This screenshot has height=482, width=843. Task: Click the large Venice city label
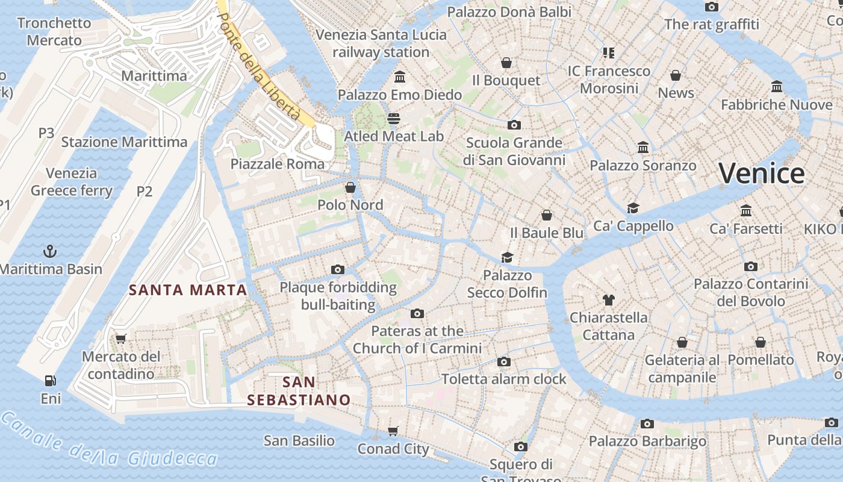pyautogui.click(x=761, y=174)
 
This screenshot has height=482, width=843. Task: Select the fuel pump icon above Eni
pyautogui.click(x=51, y=380)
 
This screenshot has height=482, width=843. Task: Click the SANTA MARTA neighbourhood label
pyautogui.click(x=188, y=290)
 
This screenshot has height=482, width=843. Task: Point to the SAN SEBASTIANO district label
pyautogui.click(x=299, y=390)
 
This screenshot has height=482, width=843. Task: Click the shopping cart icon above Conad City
pyautogui.click(x=393, y=431)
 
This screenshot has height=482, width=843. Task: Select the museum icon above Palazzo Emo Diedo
pyautogui.click(x=399, y=77)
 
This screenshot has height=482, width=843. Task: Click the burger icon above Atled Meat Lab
pyautogui.click(x=394, y=118)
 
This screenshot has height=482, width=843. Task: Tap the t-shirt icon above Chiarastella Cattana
pyautogui.click(x=608, y=299)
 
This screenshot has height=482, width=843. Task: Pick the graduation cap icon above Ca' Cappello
pyautogui.click(x=633, y=208)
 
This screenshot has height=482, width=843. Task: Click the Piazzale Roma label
pyautogui.click(x=278, y=164)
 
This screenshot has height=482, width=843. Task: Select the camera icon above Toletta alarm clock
pyautogui.click(x=503, y=361)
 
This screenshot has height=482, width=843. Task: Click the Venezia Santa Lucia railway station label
pyautogui.click(x=381, y=43)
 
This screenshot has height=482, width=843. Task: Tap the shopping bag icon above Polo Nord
pyautogui.click(x=350, y=187)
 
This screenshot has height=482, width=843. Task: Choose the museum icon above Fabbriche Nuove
pyautogui.click(x=776, y=87)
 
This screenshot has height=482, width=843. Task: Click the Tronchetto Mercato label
pyautogui.click(x=54, y=32)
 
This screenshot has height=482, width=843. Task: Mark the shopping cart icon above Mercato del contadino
pyautogui.click(x=120, y=339)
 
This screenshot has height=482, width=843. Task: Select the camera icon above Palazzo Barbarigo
pyautogui.click(x=647, y=424)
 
